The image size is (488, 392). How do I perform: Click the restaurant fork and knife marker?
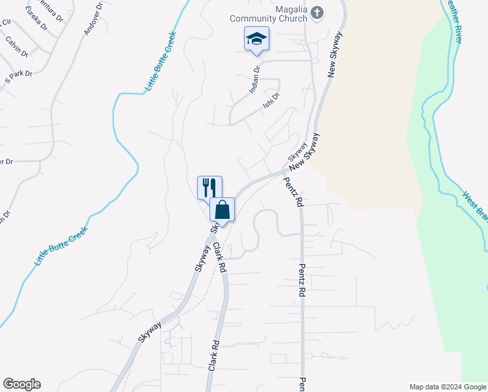[x=209, y=188]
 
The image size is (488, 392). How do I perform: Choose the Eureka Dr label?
[x=36, y=18]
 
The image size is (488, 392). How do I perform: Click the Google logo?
[x=22, y=384]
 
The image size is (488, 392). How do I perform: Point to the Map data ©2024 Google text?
[x=447, y=387]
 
